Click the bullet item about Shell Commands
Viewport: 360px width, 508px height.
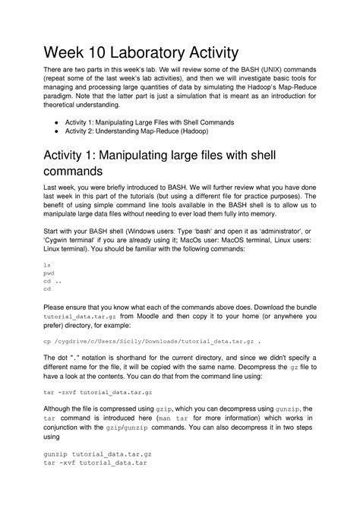pyautogui.click(x=150, y=121)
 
